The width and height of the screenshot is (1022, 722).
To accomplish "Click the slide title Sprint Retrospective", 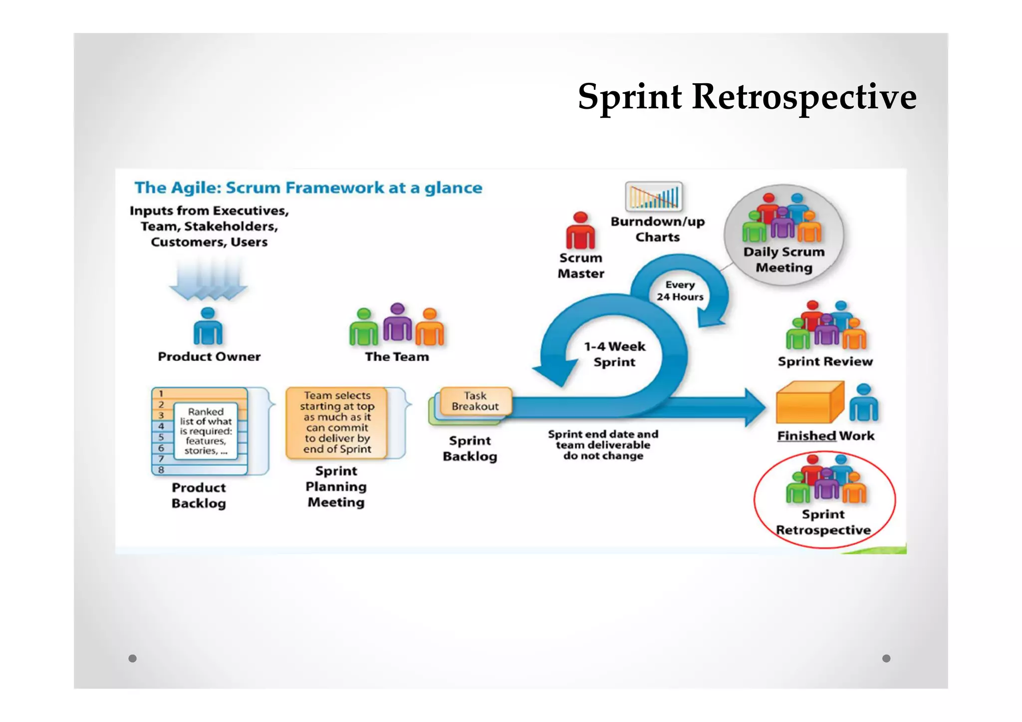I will pyautogui.click(x=747, y=96).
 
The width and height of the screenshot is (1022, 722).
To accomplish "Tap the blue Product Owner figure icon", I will pyautogui.click(x=208, y=327).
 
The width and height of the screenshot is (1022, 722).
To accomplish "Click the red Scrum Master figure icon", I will pyautogui.click(x=580, y=231).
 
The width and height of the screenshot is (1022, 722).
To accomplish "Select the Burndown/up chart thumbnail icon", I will pyautogui.click(x=653, y=196).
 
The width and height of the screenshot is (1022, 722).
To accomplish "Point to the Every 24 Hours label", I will pyautogui.click(x=680, y=291).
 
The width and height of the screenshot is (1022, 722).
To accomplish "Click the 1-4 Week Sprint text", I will pyautogui.click(x=614, y=354).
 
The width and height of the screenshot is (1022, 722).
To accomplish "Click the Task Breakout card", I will pyautogui.click(x=475, y=401).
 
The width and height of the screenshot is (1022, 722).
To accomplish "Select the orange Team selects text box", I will pyautogui.click(x=337, y=423).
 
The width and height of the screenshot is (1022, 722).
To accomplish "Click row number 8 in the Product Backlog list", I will pyautogui.click(x=161, y=470).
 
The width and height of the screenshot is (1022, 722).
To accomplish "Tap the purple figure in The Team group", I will pyautogui.click(x=397, y=323).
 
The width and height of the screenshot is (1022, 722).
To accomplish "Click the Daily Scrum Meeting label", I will pyautogui.click(x=783, y=259).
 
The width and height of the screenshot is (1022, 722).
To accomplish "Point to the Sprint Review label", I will pyautogui.click(x=825, y=361).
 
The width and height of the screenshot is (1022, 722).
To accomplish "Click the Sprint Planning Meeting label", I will pyautogui.click(x=336, y=486).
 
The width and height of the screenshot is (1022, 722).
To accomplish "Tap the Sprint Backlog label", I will pyautogui.click(x=470, y=449).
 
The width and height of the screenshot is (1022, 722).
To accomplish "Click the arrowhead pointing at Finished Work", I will pyautogui.click(x=755, y=408).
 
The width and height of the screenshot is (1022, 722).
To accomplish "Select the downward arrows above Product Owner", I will pyautogui.click(x=208, y=279).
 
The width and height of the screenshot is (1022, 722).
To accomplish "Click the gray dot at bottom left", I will pyautogui.click(x=132, y=658).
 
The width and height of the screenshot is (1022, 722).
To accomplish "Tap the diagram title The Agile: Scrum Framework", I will pyautogui.click(x=308, y=188).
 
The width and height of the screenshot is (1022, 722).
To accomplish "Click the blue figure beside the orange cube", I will pyautogui.click(x=863, y=403).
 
